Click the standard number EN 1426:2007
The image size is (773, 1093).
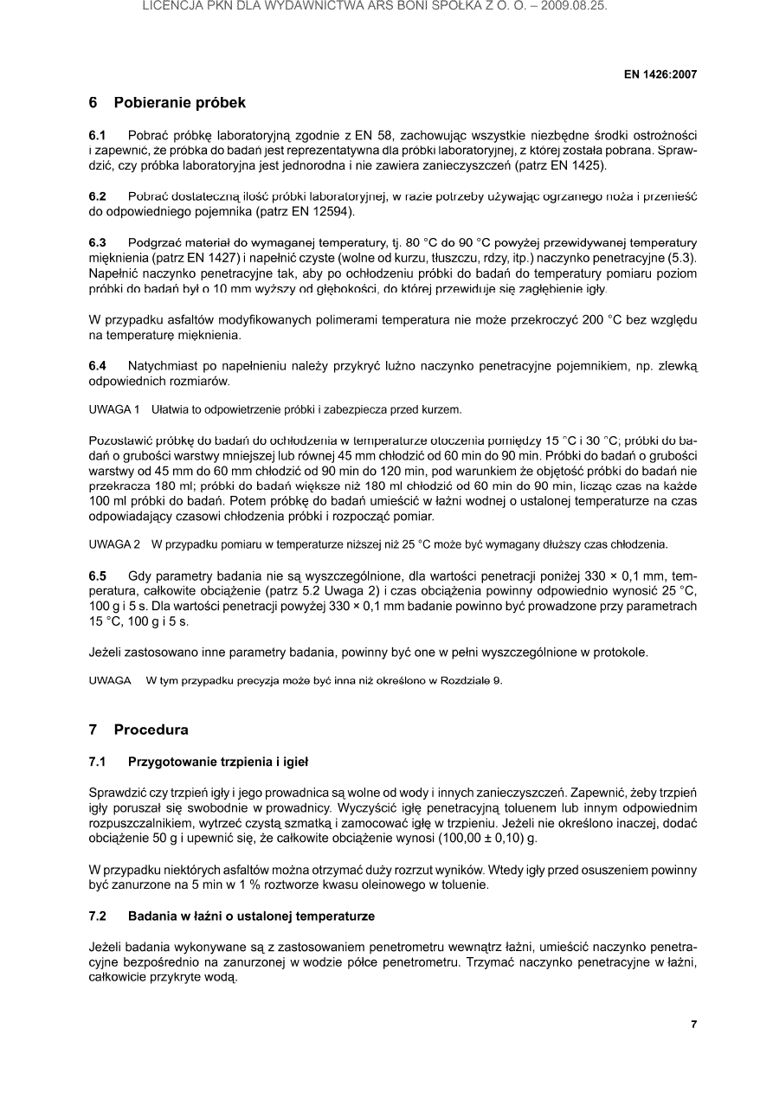(660, 74)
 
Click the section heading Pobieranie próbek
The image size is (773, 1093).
(179, 103)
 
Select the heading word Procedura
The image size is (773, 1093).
(151, 730)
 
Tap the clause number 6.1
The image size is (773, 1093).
(98, 136)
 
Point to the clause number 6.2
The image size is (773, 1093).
(98, 196)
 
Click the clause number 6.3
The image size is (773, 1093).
(98, 241)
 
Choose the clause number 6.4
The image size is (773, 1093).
(98, 366)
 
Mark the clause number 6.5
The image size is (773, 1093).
(98, 575)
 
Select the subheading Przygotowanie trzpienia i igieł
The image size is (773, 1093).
(217, 762)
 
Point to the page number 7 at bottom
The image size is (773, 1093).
(693, 1025)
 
